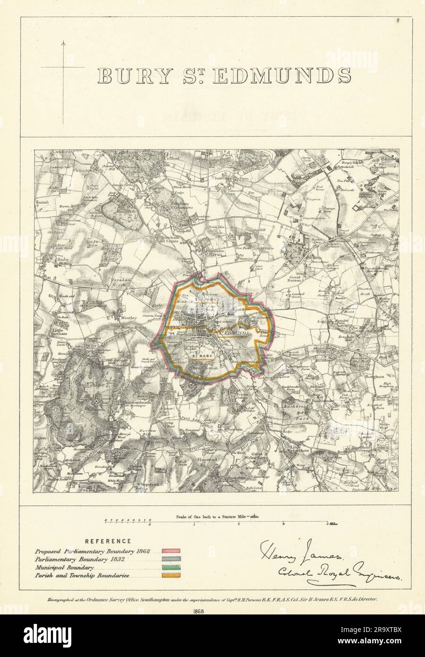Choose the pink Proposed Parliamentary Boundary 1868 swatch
(171, 551)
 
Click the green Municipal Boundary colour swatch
(171, 567)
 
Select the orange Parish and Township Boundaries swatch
(171, 576)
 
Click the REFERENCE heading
(109, 541)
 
